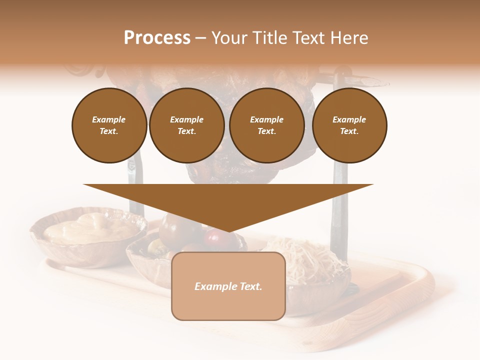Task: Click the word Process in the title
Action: [x=157, y=38]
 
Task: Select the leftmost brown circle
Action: [x=109, y=125]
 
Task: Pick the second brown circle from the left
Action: [x=186, y=125]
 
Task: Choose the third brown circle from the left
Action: [x=266, y=125]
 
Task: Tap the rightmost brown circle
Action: [x=349, y=125]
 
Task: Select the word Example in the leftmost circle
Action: [x=109, y=120]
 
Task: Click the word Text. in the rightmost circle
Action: [x=349, y=131]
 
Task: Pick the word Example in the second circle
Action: [x=186, y=120]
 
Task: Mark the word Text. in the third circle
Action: [x=266, y=131]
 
